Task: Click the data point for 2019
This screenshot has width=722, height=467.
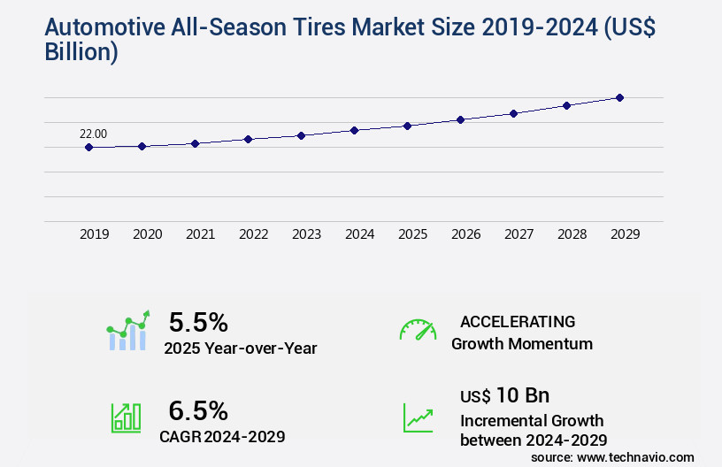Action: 88,148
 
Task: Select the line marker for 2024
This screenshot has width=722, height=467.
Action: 354,130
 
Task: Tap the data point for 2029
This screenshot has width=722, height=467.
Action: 619,97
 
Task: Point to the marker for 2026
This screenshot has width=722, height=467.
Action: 460,119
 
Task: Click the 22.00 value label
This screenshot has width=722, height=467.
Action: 93,134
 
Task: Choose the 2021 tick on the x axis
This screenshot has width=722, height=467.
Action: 200,234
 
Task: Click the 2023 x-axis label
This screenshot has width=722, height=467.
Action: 306,234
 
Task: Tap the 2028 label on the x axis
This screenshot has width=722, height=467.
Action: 572,234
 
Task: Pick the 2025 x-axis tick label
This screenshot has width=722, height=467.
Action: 412,234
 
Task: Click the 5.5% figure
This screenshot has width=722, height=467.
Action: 198,321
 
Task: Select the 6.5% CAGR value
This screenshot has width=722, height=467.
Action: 198,410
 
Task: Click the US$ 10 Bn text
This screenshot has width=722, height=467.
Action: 505,395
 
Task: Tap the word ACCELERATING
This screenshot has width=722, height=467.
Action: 518,321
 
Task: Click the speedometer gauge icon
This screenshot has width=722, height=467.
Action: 418,330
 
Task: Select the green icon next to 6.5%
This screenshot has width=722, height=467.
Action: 126,417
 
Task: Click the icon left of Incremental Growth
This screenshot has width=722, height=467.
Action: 418,417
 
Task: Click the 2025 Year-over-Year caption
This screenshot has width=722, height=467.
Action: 240,348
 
